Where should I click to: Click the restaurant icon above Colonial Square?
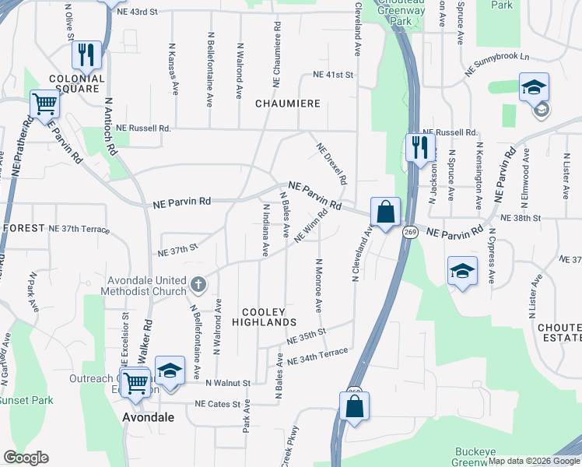tap(86, 54)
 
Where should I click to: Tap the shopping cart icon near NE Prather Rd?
tap(45, 104)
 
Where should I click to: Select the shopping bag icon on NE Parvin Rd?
tap(384, 210)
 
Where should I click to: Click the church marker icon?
tap(198, 284)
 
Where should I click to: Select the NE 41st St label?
tap(333, 75)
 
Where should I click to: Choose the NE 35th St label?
tap(305, 336)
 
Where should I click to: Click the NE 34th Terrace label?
tap(317, 356)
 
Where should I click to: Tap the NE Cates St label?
tap(217, 404)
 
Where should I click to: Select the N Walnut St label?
tap(227, 384)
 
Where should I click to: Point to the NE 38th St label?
tap(521, 219)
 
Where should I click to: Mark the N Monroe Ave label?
tap(318, 285)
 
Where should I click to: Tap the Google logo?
tap(26, 458)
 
